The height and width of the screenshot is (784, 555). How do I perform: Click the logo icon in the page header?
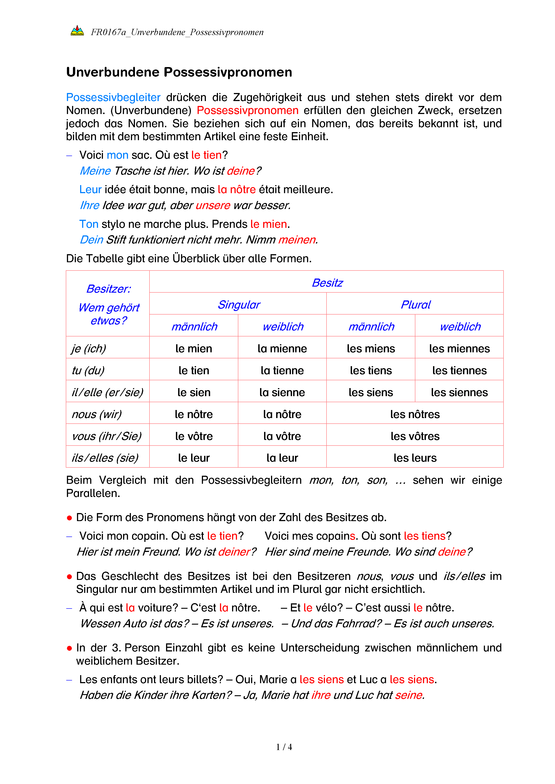point(77,31)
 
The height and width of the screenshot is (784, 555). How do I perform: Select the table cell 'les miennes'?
point(459,349)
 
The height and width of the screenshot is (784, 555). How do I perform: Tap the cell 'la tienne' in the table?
point(282,370)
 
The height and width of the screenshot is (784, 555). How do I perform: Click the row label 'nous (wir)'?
point(97,414)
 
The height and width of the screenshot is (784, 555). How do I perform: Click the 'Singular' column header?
point(239,304)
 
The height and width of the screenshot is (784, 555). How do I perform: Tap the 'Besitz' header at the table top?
point(327,283)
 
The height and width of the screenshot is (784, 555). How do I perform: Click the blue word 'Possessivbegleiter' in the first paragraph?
point(113,98)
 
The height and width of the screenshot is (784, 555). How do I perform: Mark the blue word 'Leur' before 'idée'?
point(90,190)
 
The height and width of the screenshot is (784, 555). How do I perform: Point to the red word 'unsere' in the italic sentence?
point(213,206)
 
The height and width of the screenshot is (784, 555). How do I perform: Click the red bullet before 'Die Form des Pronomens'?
point(69,518)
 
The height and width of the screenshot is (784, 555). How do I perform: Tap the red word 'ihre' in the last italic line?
point(320,695)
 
